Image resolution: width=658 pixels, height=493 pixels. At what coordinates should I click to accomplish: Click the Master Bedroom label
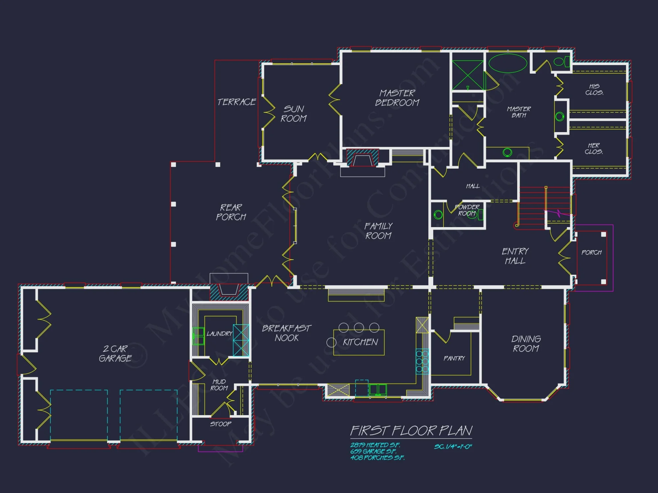pos(397,98)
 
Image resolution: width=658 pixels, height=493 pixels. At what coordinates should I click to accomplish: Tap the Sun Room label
pos(293,114)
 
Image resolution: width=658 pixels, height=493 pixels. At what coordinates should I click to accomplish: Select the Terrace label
pos(236,102)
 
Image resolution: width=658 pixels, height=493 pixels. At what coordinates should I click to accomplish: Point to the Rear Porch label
pos(231,212)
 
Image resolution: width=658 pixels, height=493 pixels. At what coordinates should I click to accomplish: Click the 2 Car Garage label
pos(115,354)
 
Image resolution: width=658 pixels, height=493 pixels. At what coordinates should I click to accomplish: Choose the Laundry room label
pos(219,334)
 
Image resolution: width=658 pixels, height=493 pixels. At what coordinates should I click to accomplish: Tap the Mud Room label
pos(219,385)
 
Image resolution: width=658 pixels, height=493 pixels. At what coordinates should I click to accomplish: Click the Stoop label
pos(220,424)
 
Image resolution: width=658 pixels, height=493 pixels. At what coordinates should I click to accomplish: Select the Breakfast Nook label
pos(286,333)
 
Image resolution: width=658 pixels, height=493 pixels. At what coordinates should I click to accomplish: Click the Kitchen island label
pos(360,342)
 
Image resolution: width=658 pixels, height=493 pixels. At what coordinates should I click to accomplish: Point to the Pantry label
pos(454,359)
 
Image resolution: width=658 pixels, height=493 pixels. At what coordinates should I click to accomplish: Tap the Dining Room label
pos(526,344)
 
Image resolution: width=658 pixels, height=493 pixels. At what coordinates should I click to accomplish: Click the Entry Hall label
pos(515,256)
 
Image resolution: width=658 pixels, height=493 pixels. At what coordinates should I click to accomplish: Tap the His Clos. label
pos(594,89)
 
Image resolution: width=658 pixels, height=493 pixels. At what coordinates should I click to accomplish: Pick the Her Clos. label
pos(594,149)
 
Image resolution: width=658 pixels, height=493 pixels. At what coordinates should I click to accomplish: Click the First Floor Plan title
pos(411,431)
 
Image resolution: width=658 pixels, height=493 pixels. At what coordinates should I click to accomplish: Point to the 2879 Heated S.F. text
pos(375,445)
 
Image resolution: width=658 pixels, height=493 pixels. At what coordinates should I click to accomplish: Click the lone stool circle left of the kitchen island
pos(331,342)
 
